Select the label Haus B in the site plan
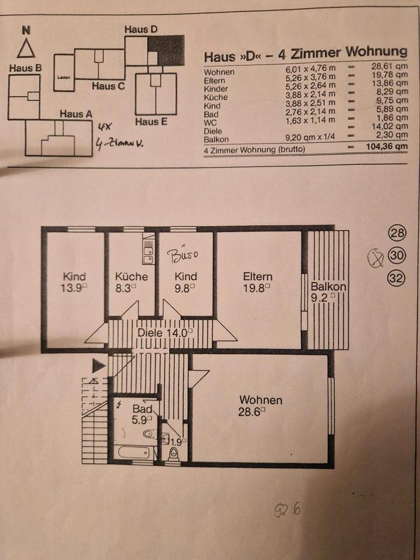(x=25, y=68)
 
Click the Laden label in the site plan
(x=64, y=77)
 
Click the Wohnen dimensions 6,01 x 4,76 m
(x=310, y=72)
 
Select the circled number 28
(x=397, y=234)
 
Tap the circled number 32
(x=397, y=278)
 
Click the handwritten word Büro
(x=184, y=254)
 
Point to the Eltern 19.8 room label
(x=258, y=281)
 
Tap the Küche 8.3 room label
(x=131, y=281)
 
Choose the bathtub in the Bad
(x=134, y=452)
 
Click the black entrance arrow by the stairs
(x=99, y=366)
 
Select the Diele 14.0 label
(x=164, y=332)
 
